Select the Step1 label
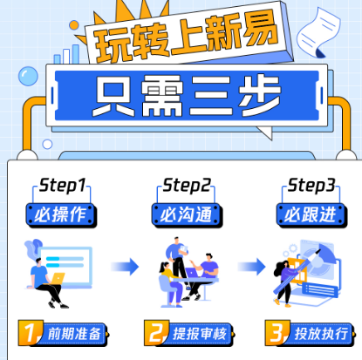tap(61, 186)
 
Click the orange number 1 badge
tap(31, 332)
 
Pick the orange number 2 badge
tap(155, 332)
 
